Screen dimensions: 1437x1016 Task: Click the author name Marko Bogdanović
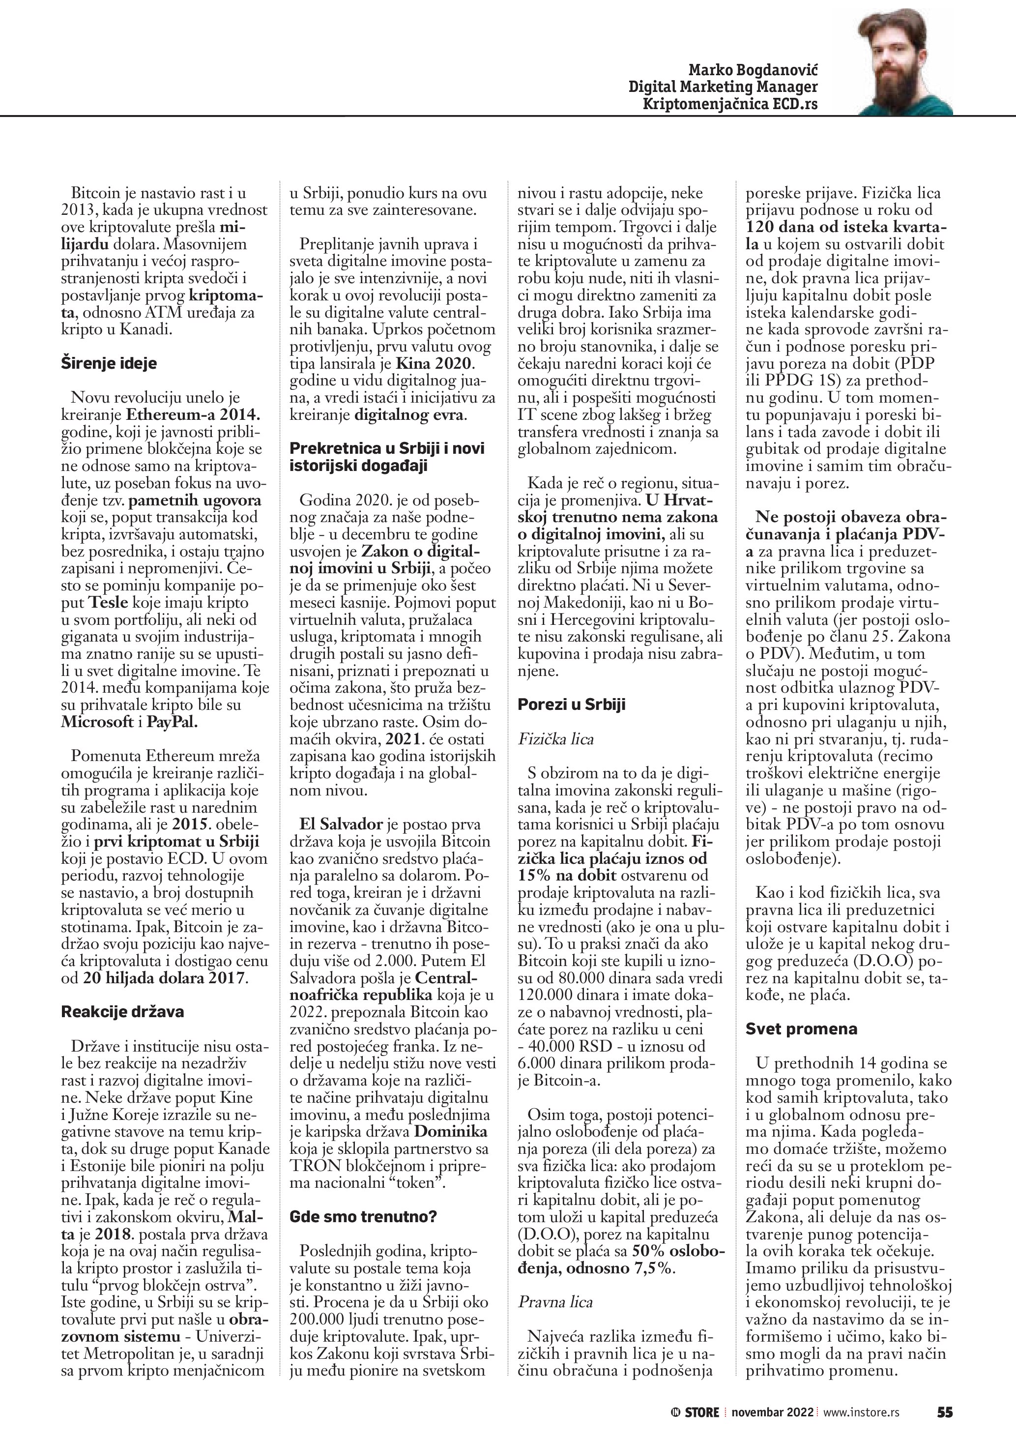tap(753, 69)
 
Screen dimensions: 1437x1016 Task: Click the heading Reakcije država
tap(122, 1012)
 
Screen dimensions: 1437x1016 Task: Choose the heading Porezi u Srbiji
tap(571, 704)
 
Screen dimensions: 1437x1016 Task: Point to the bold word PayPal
tap(173, 722)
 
